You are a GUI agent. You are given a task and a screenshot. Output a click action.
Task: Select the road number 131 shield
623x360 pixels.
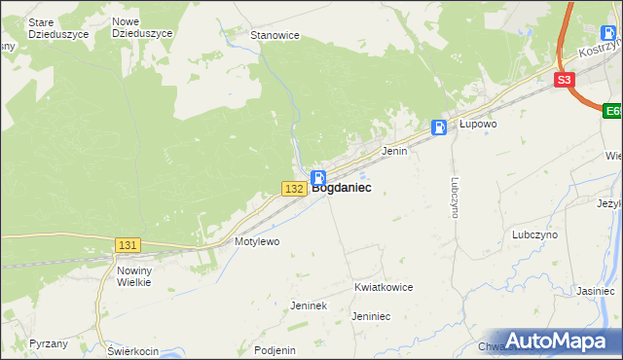tap(128, 246)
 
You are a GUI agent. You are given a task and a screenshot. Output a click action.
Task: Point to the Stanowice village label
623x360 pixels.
tap(275, 35)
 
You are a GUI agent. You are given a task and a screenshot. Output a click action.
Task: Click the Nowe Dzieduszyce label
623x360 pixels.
tap(142, 27)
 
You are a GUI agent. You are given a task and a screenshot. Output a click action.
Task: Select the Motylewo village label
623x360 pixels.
tap(257, 241)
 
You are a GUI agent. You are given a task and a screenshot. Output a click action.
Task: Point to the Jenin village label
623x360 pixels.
tap(394, 152)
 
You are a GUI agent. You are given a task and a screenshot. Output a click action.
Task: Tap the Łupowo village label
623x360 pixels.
tap(479, 125)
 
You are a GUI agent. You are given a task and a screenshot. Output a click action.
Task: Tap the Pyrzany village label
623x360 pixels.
tap(49, 344)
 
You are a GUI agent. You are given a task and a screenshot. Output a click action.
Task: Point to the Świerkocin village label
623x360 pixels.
tap(133, 350)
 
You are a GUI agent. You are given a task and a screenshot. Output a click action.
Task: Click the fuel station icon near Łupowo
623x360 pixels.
tap(440, 126)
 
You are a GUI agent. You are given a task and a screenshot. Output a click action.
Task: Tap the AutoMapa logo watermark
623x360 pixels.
tap(556, 341)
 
